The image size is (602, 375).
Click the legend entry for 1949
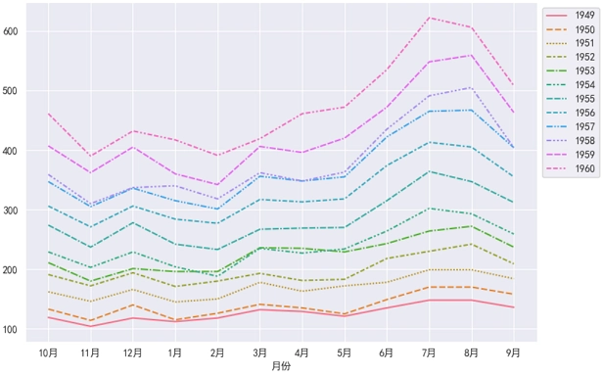pos(584,17)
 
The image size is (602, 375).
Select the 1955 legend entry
pos(584,99)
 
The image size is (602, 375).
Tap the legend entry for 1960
pos(584,167)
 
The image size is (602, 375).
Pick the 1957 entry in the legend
pos(584,126)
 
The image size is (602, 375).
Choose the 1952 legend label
pos(584,58)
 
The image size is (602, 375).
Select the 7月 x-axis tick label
pos(428,352)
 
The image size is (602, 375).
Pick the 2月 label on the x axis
pos(217,352)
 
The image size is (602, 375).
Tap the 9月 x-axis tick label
pos(512,352)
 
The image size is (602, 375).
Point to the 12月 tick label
pos(133,352)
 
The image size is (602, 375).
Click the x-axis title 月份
pos(280,366)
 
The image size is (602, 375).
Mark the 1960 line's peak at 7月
pos(428,18)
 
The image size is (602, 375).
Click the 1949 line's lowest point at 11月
pos(91,326)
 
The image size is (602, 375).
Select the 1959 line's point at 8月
pos(470,55)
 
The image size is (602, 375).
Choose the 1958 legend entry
pos(584,140)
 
